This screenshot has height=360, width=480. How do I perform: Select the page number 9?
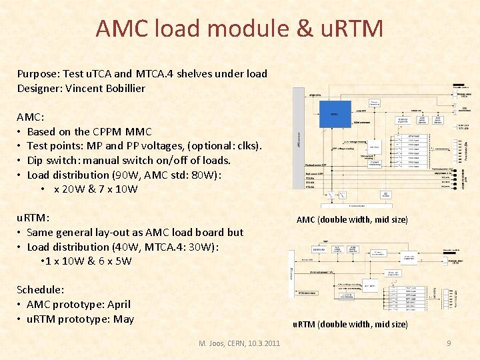pyautogui.click(x=449, y=343)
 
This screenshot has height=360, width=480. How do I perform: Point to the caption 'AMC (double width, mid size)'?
pyautogui.click(x=351, y=219)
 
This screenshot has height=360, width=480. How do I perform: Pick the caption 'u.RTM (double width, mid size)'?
pyautogui.click(x=350, y=324)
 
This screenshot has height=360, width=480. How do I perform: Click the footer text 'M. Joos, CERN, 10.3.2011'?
pyautogui.click(x=239, y=343)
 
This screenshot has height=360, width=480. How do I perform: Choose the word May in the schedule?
pyautogui.click(x=123, y=319)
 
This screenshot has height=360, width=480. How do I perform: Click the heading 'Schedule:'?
pyautogui.click(x=41, y=289)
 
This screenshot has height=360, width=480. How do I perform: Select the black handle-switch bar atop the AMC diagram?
pyautogui.click(x=459, y=87)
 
